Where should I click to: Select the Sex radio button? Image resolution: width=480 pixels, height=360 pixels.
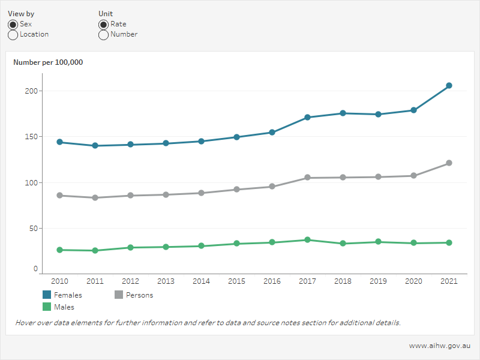coord(13,24)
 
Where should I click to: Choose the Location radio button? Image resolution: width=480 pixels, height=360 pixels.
coord(13,35)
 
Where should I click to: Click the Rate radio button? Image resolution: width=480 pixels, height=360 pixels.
coord(103,24)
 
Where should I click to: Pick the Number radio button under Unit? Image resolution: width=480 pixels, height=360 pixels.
coord(103,35)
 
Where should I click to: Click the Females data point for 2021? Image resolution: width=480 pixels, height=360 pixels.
coord(449,86)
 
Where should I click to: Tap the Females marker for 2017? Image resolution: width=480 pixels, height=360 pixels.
coord(307,118)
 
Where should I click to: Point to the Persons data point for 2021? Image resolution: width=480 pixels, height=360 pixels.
coord(449,163)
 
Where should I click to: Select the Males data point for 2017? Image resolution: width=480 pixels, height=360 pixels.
coord(307,240)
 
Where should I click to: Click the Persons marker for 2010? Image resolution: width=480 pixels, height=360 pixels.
coord(59,196)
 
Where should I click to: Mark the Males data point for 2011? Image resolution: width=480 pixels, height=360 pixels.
coord(95,251)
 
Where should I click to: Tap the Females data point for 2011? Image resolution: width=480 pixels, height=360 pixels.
coord(95,146)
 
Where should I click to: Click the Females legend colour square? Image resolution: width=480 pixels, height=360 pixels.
coord(47,295)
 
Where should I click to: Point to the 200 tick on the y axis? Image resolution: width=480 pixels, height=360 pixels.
coord(31,91)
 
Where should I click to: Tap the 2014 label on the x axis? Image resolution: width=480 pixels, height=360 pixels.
coord(201,281)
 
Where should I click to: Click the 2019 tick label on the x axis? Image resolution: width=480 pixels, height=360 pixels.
coord(378,281)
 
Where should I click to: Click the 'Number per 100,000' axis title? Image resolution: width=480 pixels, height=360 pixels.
coord(48,62)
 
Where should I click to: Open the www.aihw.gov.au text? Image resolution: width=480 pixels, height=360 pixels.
coord(440,346)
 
